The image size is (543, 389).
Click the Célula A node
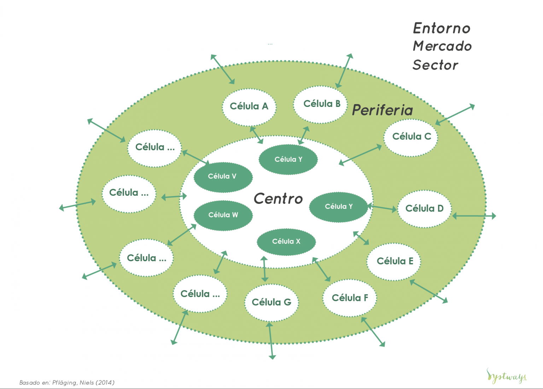coord(249,107)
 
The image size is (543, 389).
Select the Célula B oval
coord(321,104)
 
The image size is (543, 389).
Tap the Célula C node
coord(411,137)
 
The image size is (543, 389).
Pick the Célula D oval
coord(424,208)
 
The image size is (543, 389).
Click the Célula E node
coord(394,261)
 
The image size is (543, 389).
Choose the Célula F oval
coord(350,298)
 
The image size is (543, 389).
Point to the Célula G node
coord(271,302)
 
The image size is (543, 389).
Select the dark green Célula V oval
coord(223,177)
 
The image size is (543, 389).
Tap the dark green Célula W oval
coord(223,215)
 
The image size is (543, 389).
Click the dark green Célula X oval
coord(286,242)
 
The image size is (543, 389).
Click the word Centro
coord(278,199)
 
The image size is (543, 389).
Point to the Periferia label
coord(383,110)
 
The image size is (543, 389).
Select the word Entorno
coord(442,28)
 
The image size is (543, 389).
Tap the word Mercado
coord(442,46)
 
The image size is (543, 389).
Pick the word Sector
coord(435,65)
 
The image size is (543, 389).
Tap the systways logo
coord(507,376)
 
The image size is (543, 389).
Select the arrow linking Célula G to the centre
coord(264,269)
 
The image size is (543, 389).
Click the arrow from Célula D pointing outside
coord(474,216)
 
